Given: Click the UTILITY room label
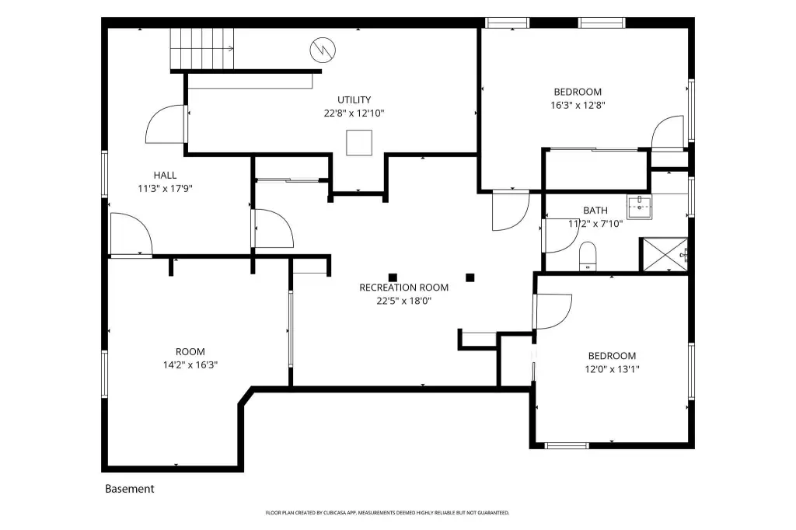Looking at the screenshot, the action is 354,100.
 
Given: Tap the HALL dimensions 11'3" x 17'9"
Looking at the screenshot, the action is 165,189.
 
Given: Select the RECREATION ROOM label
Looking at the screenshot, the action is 403,288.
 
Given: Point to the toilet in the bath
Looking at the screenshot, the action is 588,256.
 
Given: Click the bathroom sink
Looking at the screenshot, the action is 639,207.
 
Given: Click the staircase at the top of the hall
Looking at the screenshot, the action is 202,49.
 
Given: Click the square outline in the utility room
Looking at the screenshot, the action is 359,143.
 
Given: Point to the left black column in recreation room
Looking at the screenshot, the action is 393,277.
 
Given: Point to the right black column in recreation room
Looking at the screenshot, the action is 470,277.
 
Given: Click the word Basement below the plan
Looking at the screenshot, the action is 130,489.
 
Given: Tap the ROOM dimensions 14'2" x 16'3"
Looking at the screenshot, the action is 190,365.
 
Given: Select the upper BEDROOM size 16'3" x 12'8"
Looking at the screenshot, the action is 578,106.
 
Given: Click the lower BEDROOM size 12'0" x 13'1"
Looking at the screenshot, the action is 612,370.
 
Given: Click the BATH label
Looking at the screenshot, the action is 595,210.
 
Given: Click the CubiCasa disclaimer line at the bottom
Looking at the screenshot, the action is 387,513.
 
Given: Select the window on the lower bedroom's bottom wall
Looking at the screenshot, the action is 567,446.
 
